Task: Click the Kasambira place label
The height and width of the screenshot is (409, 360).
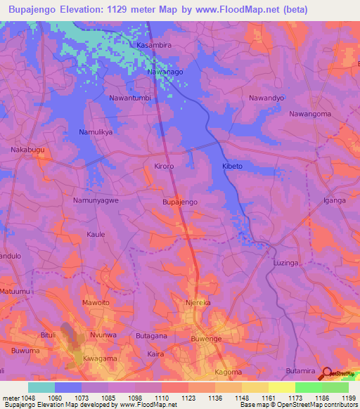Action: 154,45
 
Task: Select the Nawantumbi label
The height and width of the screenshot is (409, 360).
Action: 130,98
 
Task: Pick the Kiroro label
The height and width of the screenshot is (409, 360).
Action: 164,166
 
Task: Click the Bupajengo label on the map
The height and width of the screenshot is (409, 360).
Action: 180,202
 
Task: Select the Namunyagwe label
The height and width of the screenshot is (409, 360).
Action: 96,200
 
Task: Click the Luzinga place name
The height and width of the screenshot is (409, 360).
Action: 285,262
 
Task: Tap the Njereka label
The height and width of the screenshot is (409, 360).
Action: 198,303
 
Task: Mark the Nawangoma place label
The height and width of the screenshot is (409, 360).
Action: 310,114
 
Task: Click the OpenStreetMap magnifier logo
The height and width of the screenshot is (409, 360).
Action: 328,374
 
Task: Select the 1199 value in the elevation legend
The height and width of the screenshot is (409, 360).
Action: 348,398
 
